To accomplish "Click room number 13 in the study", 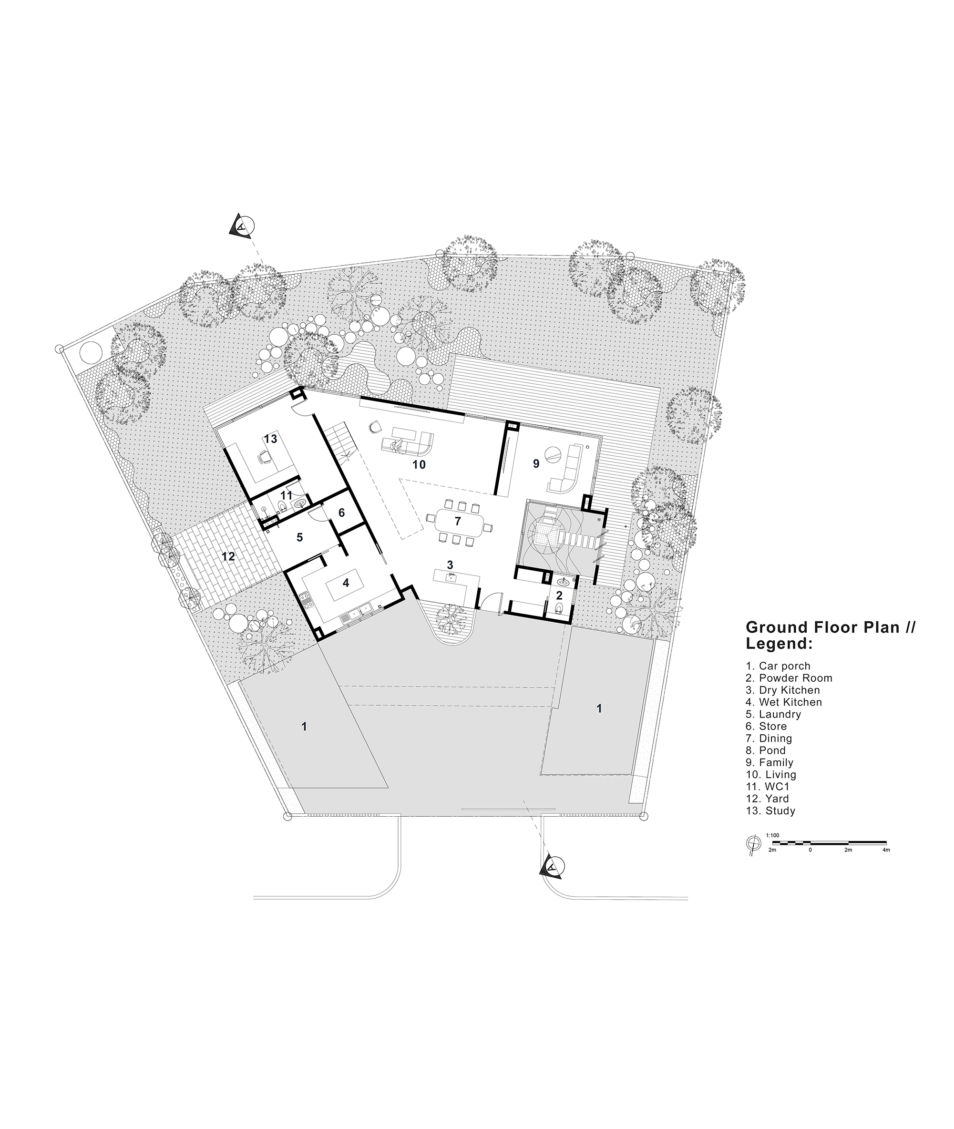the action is pyautogui.click(x=270, y=439).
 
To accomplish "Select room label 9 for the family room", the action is pyautogui.click(x=536, y=463).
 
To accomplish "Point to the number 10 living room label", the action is pyautogui.click(x=419, y=464).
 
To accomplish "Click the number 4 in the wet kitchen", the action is pyautogui.click(x=346, y=583).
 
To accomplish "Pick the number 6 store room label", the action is pyautogui.click(x=341, y=513).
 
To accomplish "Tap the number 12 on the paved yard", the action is pyautogui.click(x=228, y=556).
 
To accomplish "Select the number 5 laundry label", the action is pyautogui.click(x=299, y=537).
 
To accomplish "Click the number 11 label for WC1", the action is pyautogui.click(x=286, y=495).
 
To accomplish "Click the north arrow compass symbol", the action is pyautogui.click(x=752, y=842).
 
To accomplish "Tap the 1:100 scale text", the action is pyautogui.click(x=772, y=835).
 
